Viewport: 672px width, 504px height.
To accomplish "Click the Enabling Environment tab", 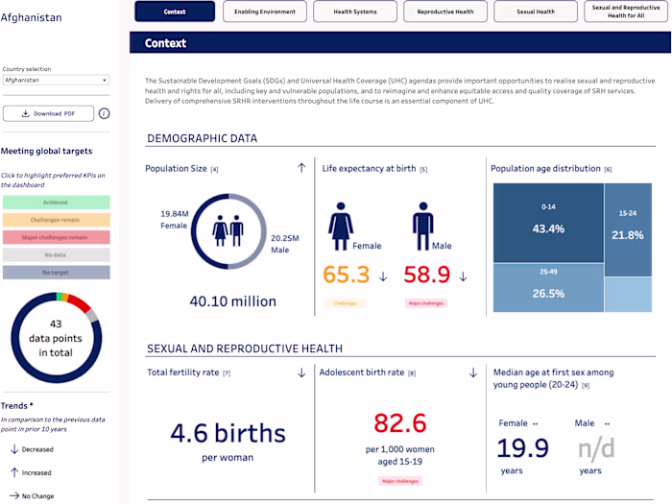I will [x=265, y=12].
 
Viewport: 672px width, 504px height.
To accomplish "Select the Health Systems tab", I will [x=355, y=12].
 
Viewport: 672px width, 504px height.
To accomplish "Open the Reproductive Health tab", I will [x=445, y=12].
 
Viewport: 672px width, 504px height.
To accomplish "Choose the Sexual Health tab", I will [x=536, y=12].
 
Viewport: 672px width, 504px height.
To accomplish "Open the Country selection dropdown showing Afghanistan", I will [x=56, y=81].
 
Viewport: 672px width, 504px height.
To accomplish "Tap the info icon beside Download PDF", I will [x=104, y=113].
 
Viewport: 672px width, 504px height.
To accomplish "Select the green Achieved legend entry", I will [x=56, y=203].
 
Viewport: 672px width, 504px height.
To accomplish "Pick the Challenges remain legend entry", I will [x=56, y=220].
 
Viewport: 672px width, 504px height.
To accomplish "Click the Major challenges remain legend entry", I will [x=56, y=237].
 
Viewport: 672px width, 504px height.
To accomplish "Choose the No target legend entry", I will [x=56, y=273].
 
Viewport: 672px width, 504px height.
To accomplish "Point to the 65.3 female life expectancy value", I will [x=346, y=276].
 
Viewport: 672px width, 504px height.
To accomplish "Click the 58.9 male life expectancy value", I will [x=427, y=276].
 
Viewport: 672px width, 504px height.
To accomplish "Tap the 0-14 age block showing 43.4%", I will [x=547, y=222].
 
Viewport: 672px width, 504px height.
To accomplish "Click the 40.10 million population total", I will [x=232, y=300].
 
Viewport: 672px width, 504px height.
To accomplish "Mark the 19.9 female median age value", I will [x=523, y=447].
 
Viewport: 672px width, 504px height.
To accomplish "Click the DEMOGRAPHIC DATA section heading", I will [x=202, y=138].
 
